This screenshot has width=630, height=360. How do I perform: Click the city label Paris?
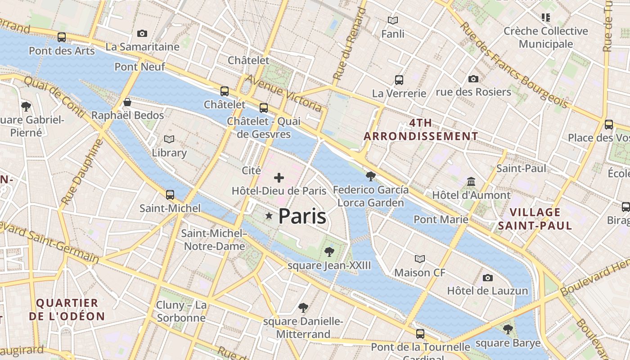pyautogui.click(x=302, y=216)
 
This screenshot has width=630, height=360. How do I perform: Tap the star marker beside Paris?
pyautogui.click(x=269, y=216)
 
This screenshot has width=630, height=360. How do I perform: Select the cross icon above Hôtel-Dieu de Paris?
pyautogui.click(x=279, y=178)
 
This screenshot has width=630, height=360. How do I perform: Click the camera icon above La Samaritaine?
pyautogui.click(x=142, y=34)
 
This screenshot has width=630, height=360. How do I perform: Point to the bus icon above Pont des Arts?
pyautogui.click(x=62, y=37)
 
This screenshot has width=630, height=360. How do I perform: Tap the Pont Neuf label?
pyautogui.click(x=139, y=67)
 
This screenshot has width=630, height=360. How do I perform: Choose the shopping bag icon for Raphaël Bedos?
pyautogui.click(x=127, y=102)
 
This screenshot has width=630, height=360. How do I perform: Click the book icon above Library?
pyautogui.click(x=169, y=139)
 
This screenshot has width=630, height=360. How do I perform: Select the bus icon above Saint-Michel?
pyautogui.click(x=170, y=195)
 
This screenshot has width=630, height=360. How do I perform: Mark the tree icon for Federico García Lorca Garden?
pyautogui.click(x=371, y=176)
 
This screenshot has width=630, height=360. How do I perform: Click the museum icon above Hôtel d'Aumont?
pyautogui.click(x=471, y=182)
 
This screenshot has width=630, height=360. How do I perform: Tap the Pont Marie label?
pyautogui.click(x=441, y=220)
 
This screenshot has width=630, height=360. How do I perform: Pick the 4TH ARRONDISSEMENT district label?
pyautogui.click(x=421, y=130)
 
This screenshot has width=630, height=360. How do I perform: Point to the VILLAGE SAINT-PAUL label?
pyautogui.click(x=535, y=219)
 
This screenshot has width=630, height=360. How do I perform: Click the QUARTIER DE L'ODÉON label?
pyautogui.click(x=67, y=310)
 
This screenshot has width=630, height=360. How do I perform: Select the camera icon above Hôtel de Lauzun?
pyautogui.click(x=487, y=278)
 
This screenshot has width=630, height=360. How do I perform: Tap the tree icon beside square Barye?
pyautogui.click(x=508, y=329)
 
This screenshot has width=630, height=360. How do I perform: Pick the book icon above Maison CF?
pyautogui.click(x=420, y=259)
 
